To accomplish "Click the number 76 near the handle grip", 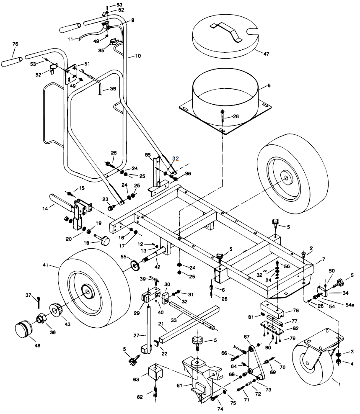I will tap(16, 44).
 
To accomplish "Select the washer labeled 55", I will tap(135, 265).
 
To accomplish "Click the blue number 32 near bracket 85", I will tap(176, 159).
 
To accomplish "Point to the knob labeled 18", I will tap(105, 240).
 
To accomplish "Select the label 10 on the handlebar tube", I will tap(138, 56).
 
